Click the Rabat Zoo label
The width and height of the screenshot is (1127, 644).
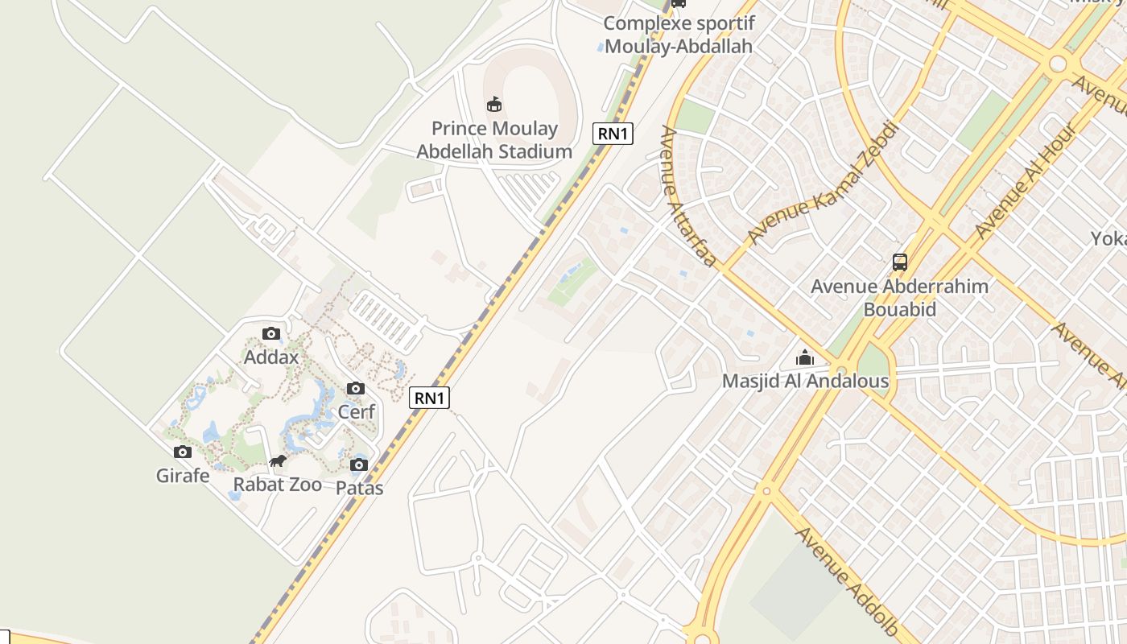pyautogui.click(x=277, y=485)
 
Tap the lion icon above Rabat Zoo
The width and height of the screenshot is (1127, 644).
pyautogui.click(x=278, y=461)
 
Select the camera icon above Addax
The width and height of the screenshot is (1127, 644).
pyautogui.click(x=271, y=333)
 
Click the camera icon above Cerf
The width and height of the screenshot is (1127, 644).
pyautogui.click(x=356, y=389)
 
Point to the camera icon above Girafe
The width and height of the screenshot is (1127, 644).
pyautogui.click(x=183, y=452)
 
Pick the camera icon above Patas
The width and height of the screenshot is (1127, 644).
pyautogui.click(x=359, y=464)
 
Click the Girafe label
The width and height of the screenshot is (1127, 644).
pyautogui.click(x=183, y=476)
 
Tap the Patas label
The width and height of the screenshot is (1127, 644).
pyautogui.click(x=359, y=488)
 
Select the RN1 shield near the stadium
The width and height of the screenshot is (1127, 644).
pyautogui.click(x=613, y=134)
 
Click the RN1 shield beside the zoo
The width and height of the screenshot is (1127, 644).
pyautogui.click(x=430, y=398)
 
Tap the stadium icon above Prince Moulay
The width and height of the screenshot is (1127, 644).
pyautogui.click(x=494, y=105)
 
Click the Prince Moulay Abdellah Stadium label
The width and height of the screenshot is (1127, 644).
pyautogui.click(x=494, y=140)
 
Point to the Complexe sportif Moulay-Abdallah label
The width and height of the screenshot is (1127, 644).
pyautogui.click(x=679, y=35)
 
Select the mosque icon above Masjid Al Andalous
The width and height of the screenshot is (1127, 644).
pyautogui.click(x=805, y=357)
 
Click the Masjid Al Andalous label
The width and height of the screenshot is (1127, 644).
pyautogui.click(x=805, y=381)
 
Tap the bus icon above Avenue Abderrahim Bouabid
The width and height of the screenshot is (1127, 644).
pyautogui.click(x=900, y=262)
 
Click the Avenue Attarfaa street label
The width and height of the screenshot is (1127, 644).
pyautogui.click(x=687, y=196)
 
